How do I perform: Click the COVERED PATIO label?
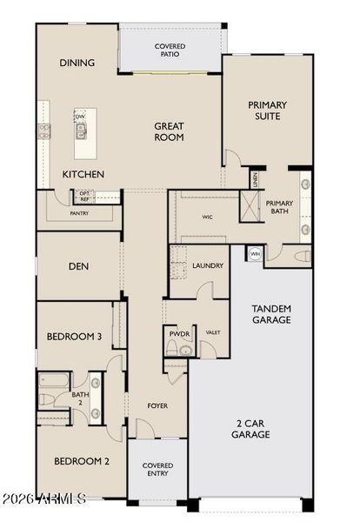coord(170,50)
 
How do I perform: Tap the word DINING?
coord(77,63)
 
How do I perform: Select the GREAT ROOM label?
coord(169,131)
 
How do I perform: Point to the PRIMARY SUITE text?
coord(267,110)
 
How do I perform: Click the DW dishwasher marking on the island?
coord(80,117)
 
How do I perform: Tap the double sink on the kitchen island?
coord(82,132)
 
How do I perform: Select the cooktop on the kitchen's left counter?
coord(43,131)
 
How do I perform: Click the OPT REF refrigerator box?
coord(84,196)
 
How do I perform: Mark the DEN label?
coord(79,266)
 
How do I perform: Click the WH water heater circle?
coord(255,253)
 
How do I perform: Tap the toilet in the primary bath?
coord(301,257)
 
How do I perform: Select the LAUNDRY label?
coord(208,265)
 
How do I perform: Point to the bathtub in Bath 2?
coord(54,380)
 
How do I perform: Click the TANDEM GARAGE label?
coord(270,314)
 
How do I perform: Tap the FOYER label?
coord(157,405)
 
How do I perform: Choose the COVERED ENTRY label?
coord(157,470)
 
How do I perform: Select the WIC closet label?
coord(208,217)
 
